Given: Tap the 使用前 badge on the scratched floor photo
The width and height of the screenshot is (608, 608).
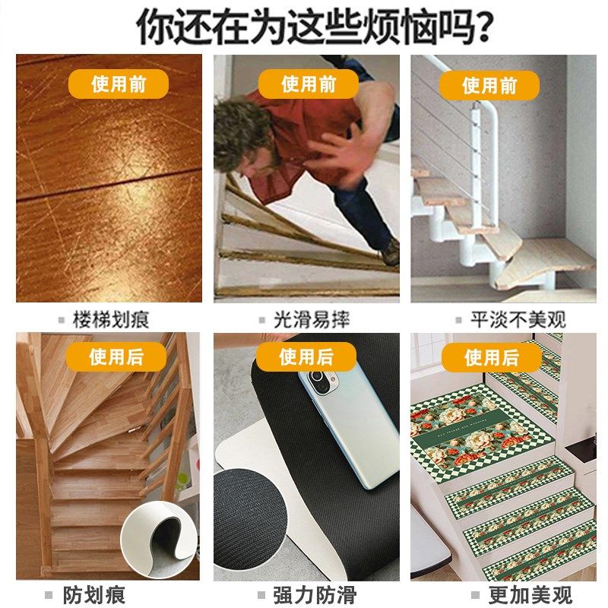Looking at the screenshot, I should click(119, 84).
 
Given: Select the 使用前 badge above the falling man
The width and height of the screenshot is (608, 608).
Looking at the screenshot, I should click(309, 84).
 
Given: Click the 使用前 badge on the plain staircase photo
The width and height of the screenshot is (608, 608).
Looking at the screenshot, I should click(489, 85).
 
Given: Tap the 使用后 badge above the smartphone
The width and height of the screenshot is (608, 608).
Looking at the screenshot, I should click(306, 356).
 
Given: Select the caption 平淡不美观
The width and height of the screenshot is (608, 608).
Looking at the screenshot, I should click(518, 320).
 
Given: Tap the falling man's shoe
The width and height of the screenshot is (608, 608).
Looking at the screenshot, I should click(390, 252).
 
